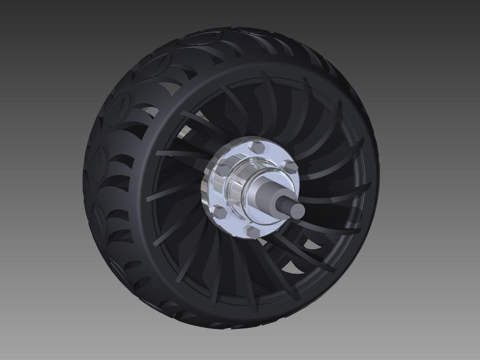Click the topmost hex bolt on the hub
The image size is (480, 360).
coord(258,148)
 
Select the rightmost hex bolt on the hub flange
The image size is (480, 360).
coord(290,166)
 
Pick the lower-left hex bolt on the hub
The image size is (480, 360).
coord(219,212)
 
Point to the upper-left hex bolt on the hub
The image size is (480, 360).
coord(222,169)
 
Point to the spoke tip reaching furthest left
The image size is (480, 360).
coord(147,199)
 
